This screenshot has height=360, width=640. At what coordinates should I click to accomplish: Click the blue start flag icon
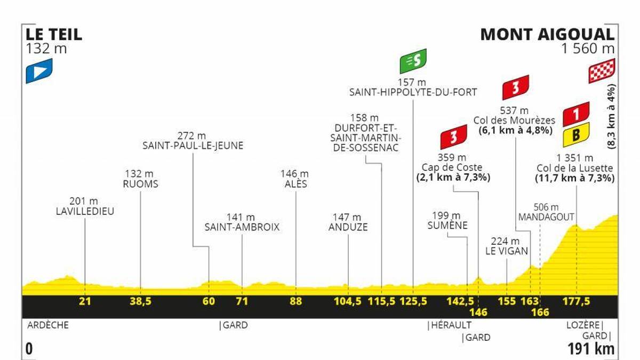click(39, 70)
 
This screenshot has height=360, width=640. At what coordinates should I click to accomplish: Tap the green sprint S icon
click(413, 62)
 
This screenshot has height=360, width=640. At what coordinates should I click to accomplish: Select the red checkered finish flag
click(602, 71)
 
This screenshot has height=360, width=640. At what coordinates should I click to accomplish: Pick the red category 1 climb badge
click(576, 113)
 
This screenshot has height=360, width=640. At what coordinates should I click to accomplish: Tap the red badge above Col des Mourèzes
click(515, 88)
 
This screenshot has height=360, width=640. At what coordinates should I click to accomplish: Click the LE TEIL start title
click(54, 35)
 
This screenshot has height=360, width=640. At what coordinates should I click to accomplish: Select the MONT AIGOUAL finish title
click(547, 35)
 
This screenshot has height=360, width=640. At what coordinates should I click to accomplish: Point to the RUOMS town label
click(140, 184)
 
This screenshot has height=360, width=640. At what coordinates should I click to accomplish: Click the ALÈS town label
click(295, 184)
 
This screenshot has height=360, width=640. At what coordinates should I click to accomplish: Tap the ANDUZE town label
click(348, 227)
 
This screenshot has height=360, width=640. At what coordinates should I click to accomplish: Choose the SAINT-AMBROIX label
click(242, 227)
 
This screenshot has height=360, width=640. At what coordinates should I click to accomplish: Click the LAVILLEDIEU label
click(85, 211)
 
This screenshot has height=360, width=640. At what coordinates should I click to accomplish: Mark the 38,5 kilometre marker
click(140, 301)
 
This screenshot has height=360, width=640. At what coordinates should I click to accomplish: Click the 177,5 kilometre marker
click(577, 301)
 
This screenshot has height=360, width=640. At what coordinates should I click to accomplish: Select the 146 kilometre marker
click(478, 312)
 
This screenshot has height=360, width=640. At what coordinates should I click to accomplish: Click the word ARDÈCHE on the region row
click(47, 325)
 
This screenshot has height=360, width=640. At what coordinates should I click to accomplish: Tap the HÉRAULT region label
click(450, 325)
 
